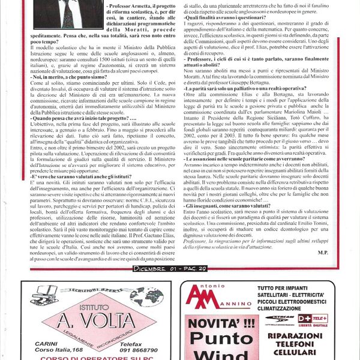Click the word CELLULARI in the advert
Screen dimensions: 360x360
[298, 353]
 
